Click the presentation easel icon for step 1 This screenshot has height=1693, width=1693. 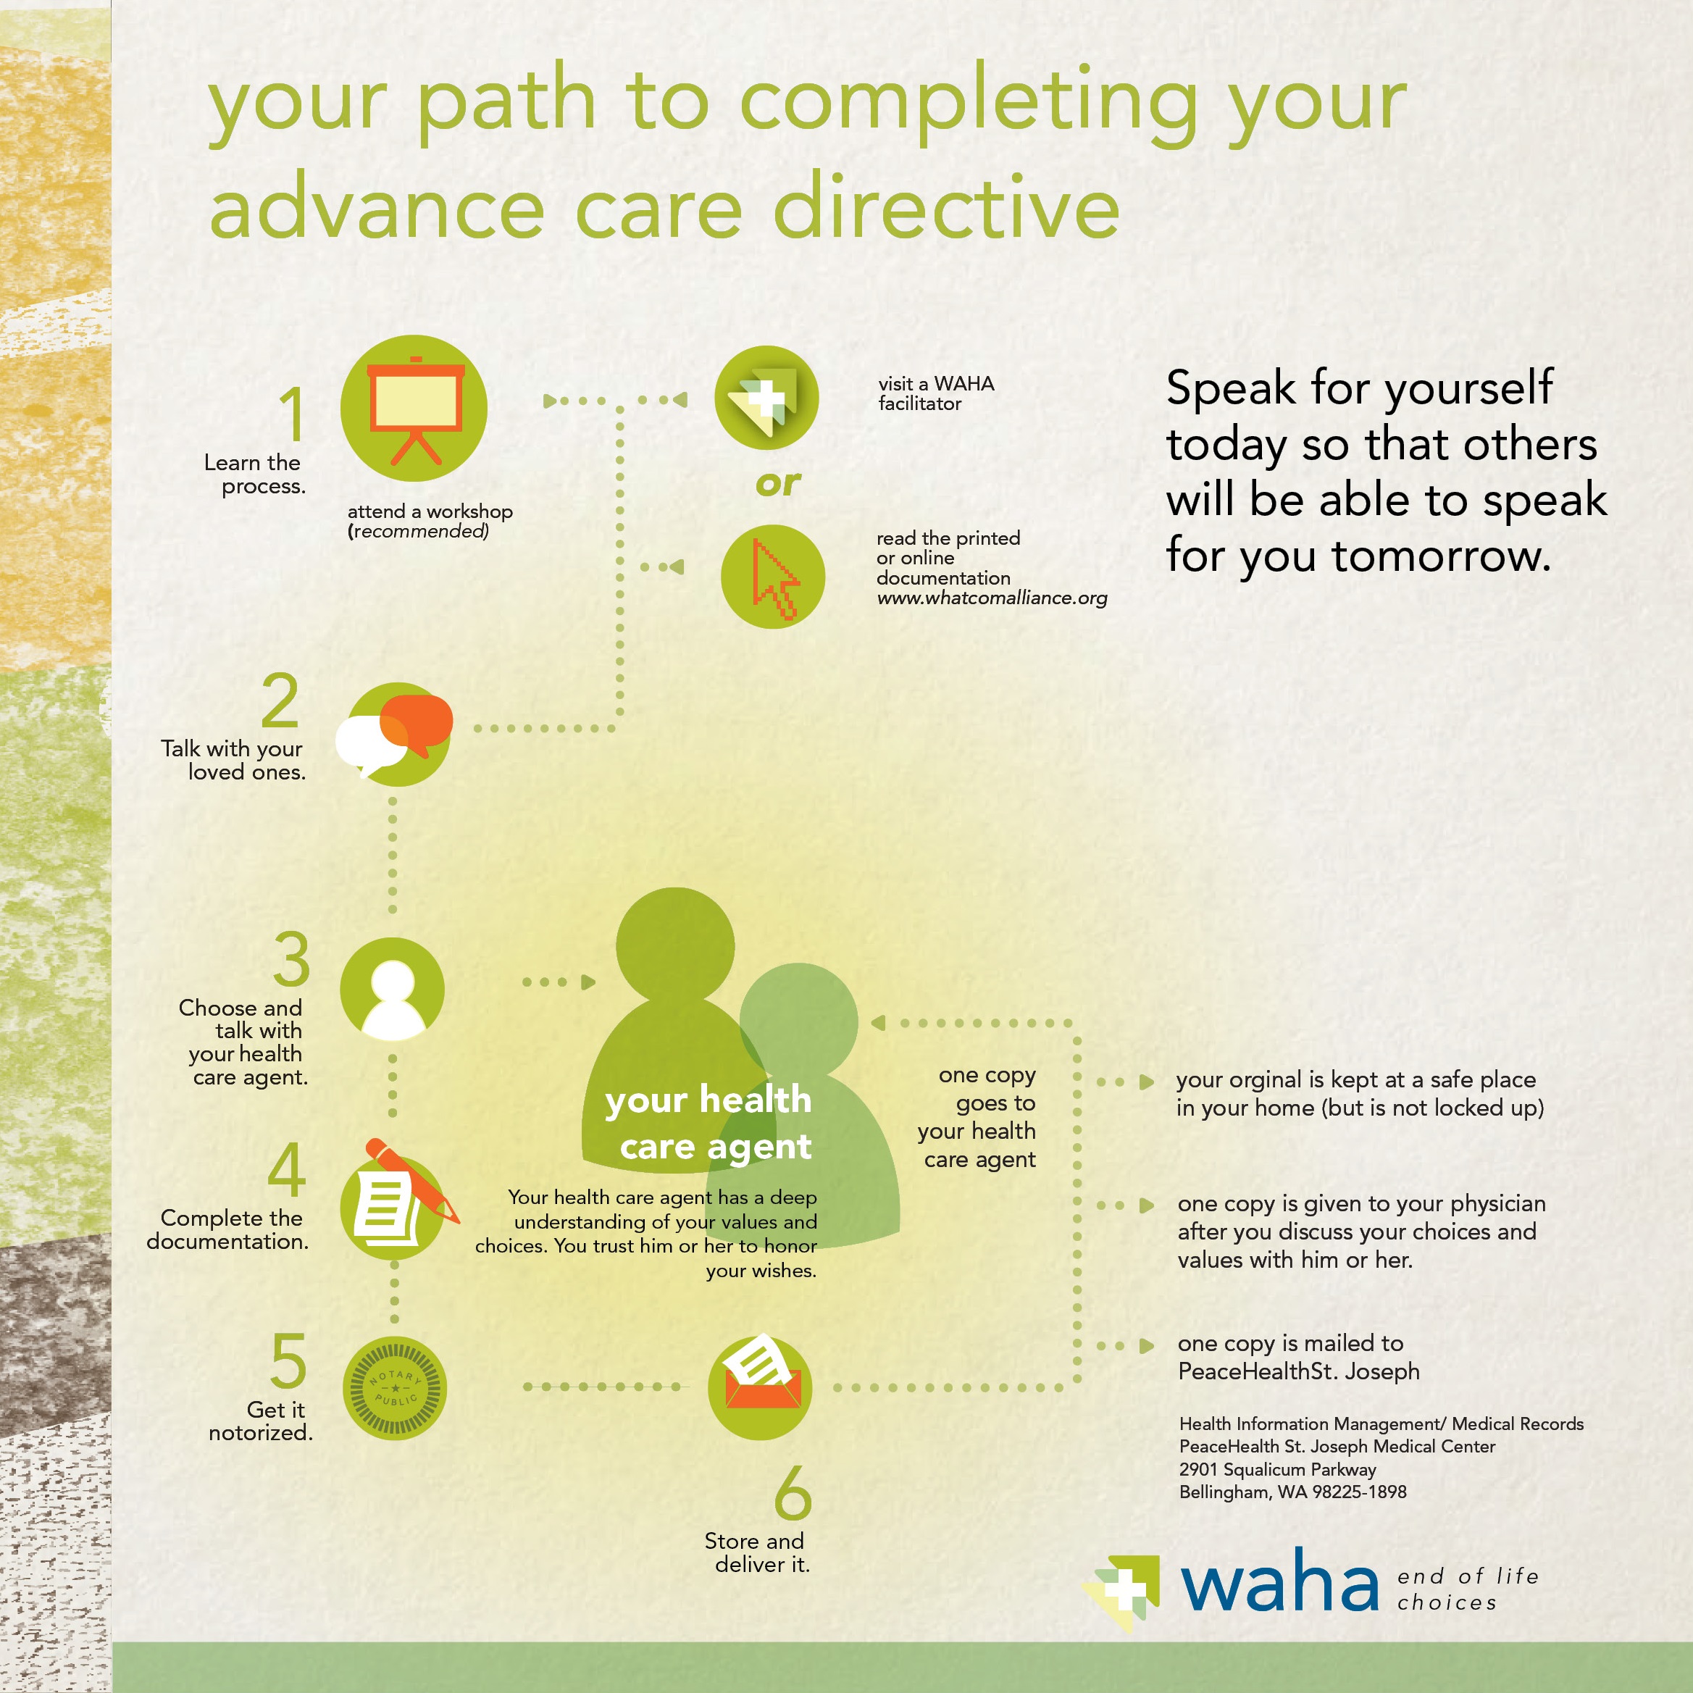click(x=414, y=409)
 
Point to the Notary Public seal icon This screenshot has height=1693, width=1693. click(x=394, y=1388)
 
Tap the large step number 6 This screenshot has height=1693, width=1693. click(x=793, y=1492)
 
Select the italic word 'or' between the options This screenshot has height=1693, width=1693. click(x=778, y=483)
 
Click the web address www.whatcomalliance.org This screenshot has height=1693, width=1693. click(x=992, y=598)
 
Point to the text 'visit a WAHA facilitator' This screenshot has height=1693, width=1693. click(x=936, y=393)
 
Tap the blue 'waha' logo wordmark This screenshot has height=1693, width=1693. click(x=1280, y=1581)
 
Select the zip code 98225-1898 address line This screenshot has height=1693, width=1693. click(x=1292, y=1492)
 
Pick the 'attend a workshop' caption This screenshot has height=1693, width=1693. click(x=430, y=511)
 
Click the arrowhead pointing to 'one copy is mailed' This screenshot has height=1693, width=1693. click(x=1146, y=1346)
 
